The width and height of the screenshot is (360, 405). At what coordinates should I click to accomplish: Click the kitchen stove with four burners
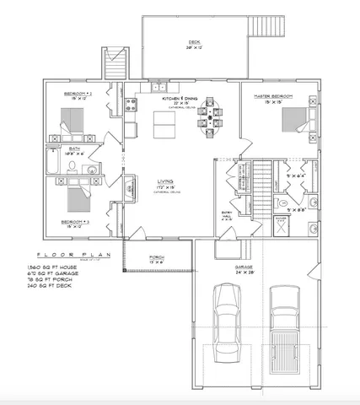click(x=132, y=105)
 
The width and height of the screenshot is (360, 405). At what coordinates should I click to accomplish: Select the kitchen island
click(x=164, y=126)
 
